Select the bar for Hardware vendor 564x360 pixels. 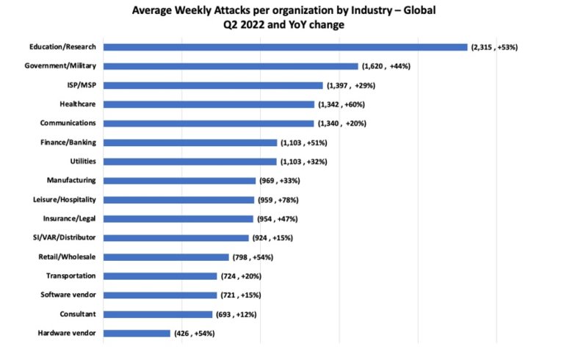(x=137, y=333)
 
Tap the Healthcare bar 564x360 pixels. (x=209, y=104)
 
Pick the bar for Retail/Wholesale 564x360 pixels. (x=166, y=257)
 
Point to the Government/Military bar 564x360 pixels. (x=231, y=66)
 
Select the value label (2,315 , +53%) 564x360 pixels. (x=494, y=47)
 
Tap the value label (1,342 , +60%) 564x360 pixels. (x=341, y=104)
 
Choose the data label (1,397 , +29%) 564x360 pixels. (x=351, y=85)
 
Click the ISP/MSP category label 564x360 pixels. (x=82, y=84)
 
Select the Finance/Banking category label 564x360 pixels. (x=70, y=142)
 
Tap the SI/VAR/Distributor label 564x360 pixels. (x=68, y=237)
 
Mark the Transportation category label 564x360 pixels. (x=70, y=276)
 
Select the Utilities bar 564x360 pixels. (x=190, y=162)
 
